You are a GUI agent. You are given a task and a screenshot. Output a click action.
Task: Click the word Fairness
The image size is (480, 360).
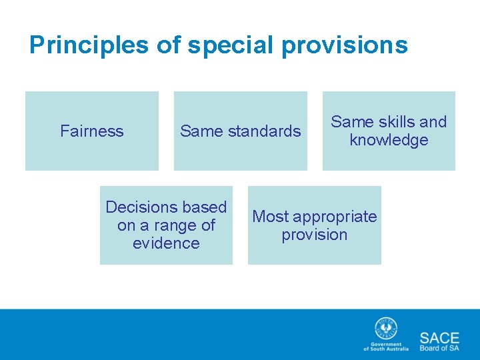pos(92,131)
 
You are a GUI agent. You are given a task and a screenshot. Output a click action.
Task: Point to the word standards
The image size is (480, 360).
pos(264,131)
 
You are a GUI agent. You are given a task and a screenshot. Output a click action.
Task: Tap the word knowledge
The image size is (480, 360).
pos(389,140)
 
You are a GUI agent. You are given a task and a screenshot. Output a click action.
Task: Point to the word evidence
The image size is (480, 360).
pos(166,243)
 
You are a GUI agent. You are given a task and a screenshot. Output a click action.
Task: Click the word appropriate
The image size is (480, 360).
pos(335,217)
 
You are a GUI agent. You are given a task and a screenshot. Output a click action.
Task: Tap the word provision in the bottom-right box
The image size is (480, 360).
pos(314,235)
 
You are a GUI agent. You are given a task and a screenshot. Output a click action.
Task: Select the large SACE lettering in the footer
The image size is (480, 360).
pos(439,337)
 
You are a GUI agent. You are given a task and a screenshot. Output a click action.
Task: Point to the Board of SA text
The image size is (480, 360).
pos(439,348)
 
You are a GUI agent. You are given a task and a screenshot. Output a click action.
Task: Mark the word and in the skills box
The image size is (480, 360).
pos(433,122)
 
